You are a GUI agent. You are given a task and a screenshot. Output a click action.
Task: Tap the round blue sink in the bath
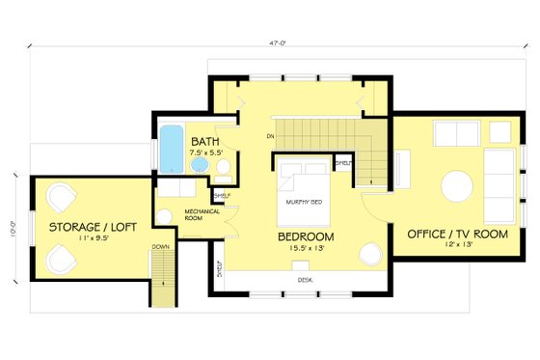[199, 166]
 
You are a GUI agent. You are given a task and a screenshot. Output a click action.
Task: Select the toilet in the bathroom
[221, 169]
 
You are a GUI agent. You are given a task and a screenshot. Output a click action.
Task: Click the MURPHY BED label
[304, 202]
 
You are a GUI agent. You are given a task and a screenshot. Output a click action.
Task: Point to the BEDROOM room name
[306, 236]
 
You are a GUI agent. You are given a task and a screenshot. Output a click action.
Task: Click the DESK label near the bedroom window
[305, 279]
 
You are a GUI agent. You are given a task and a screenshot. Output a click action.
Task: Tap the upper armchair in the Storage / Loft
[60, 199]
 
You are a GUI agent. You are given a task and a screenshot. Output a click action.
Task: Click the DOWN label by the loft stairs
[160, 247]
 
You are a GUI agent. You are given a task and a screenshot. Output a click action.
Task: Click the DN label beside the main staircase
[271, 136]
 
